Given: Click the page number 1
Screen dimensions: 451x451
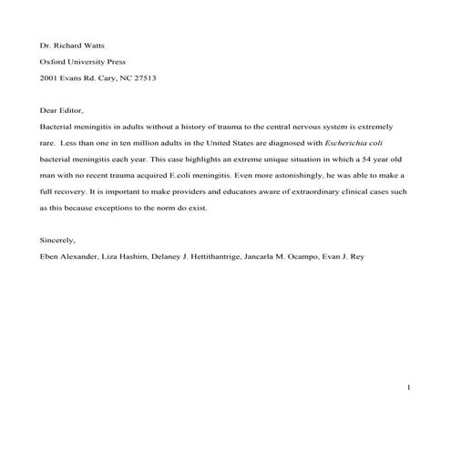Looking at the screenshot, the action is coord(410,389).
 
